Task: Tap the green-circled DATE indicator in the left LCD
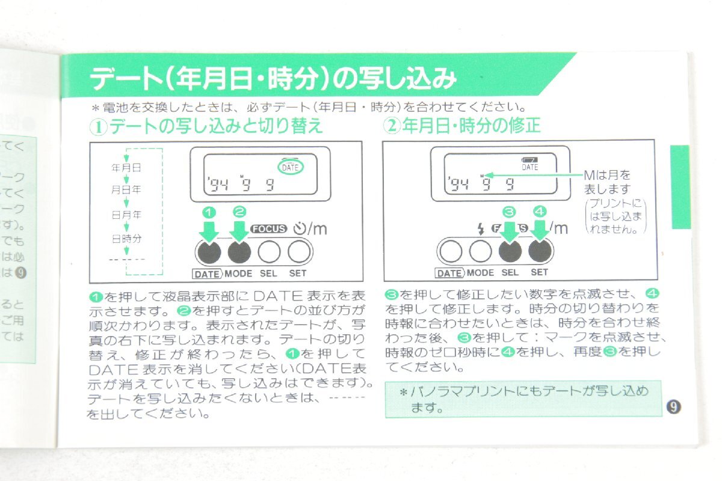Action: (290, 167)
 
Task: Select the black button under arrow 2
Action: (239, 251)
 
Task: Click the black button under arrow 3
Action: (510, 251)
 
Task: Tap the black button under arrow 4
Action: (540, 251)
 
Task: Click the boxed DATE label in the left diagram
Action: (208, 273)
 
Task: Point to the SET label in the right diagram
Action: (540, 272)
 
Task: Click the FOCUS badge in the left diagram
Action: (270, 228)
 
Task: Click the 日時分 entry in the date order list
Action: (126, 238)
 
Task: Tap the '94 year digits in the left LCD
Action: (214, 185)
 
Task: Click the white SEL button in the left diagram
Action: (269, 251)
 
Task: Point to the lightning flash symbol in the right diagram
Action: (480, 228)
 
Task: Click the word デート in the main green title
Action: (123, 79)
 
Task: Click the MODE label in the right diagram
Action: (480, 272)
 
